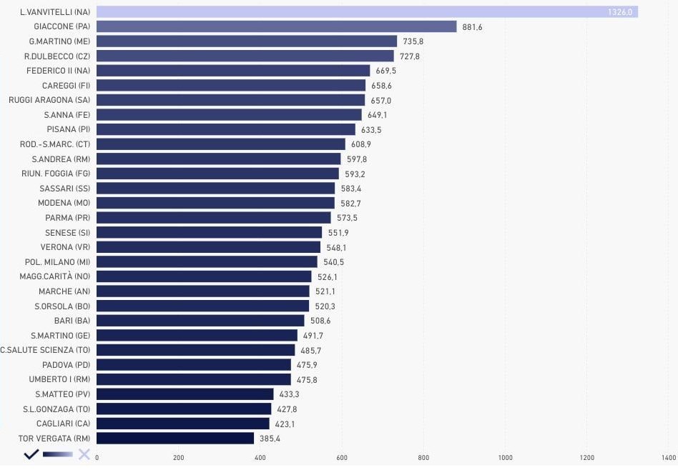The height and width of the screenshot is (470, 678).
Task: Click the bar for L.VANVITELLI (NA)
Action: point(367,12)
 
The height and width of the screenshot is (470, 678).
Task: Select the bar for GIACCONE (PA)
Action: point(276,26)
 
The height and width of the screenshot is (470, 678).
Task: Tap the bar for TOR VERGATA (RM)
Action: point(175,438)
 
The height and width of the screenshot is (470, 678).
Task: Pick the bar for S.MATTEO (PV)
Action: point(185,394)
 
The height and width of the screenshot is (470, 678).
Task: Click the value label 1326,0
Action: point(619,12)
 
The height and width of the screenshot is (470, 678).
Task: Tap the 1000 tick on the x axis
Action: point(506,458)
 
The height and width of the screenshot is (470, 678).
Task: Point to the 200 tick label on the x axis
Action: point(179,458)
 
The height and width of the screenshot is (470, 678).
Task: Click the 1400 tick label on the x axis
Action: point(669,458)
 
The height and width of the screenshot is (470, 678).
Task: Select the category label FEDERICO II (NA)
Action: point(58,71)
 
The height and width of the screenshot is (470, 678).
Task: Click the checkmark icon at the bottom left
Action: point(31,454)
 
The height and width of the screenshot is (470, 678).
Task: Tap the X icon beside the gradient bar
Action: point(84,454)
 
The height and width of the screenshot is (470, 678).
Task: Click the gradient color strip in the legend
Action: point(58,454)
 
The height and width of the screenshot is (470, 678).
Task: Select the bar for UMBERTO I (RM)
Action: point(194,379)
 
